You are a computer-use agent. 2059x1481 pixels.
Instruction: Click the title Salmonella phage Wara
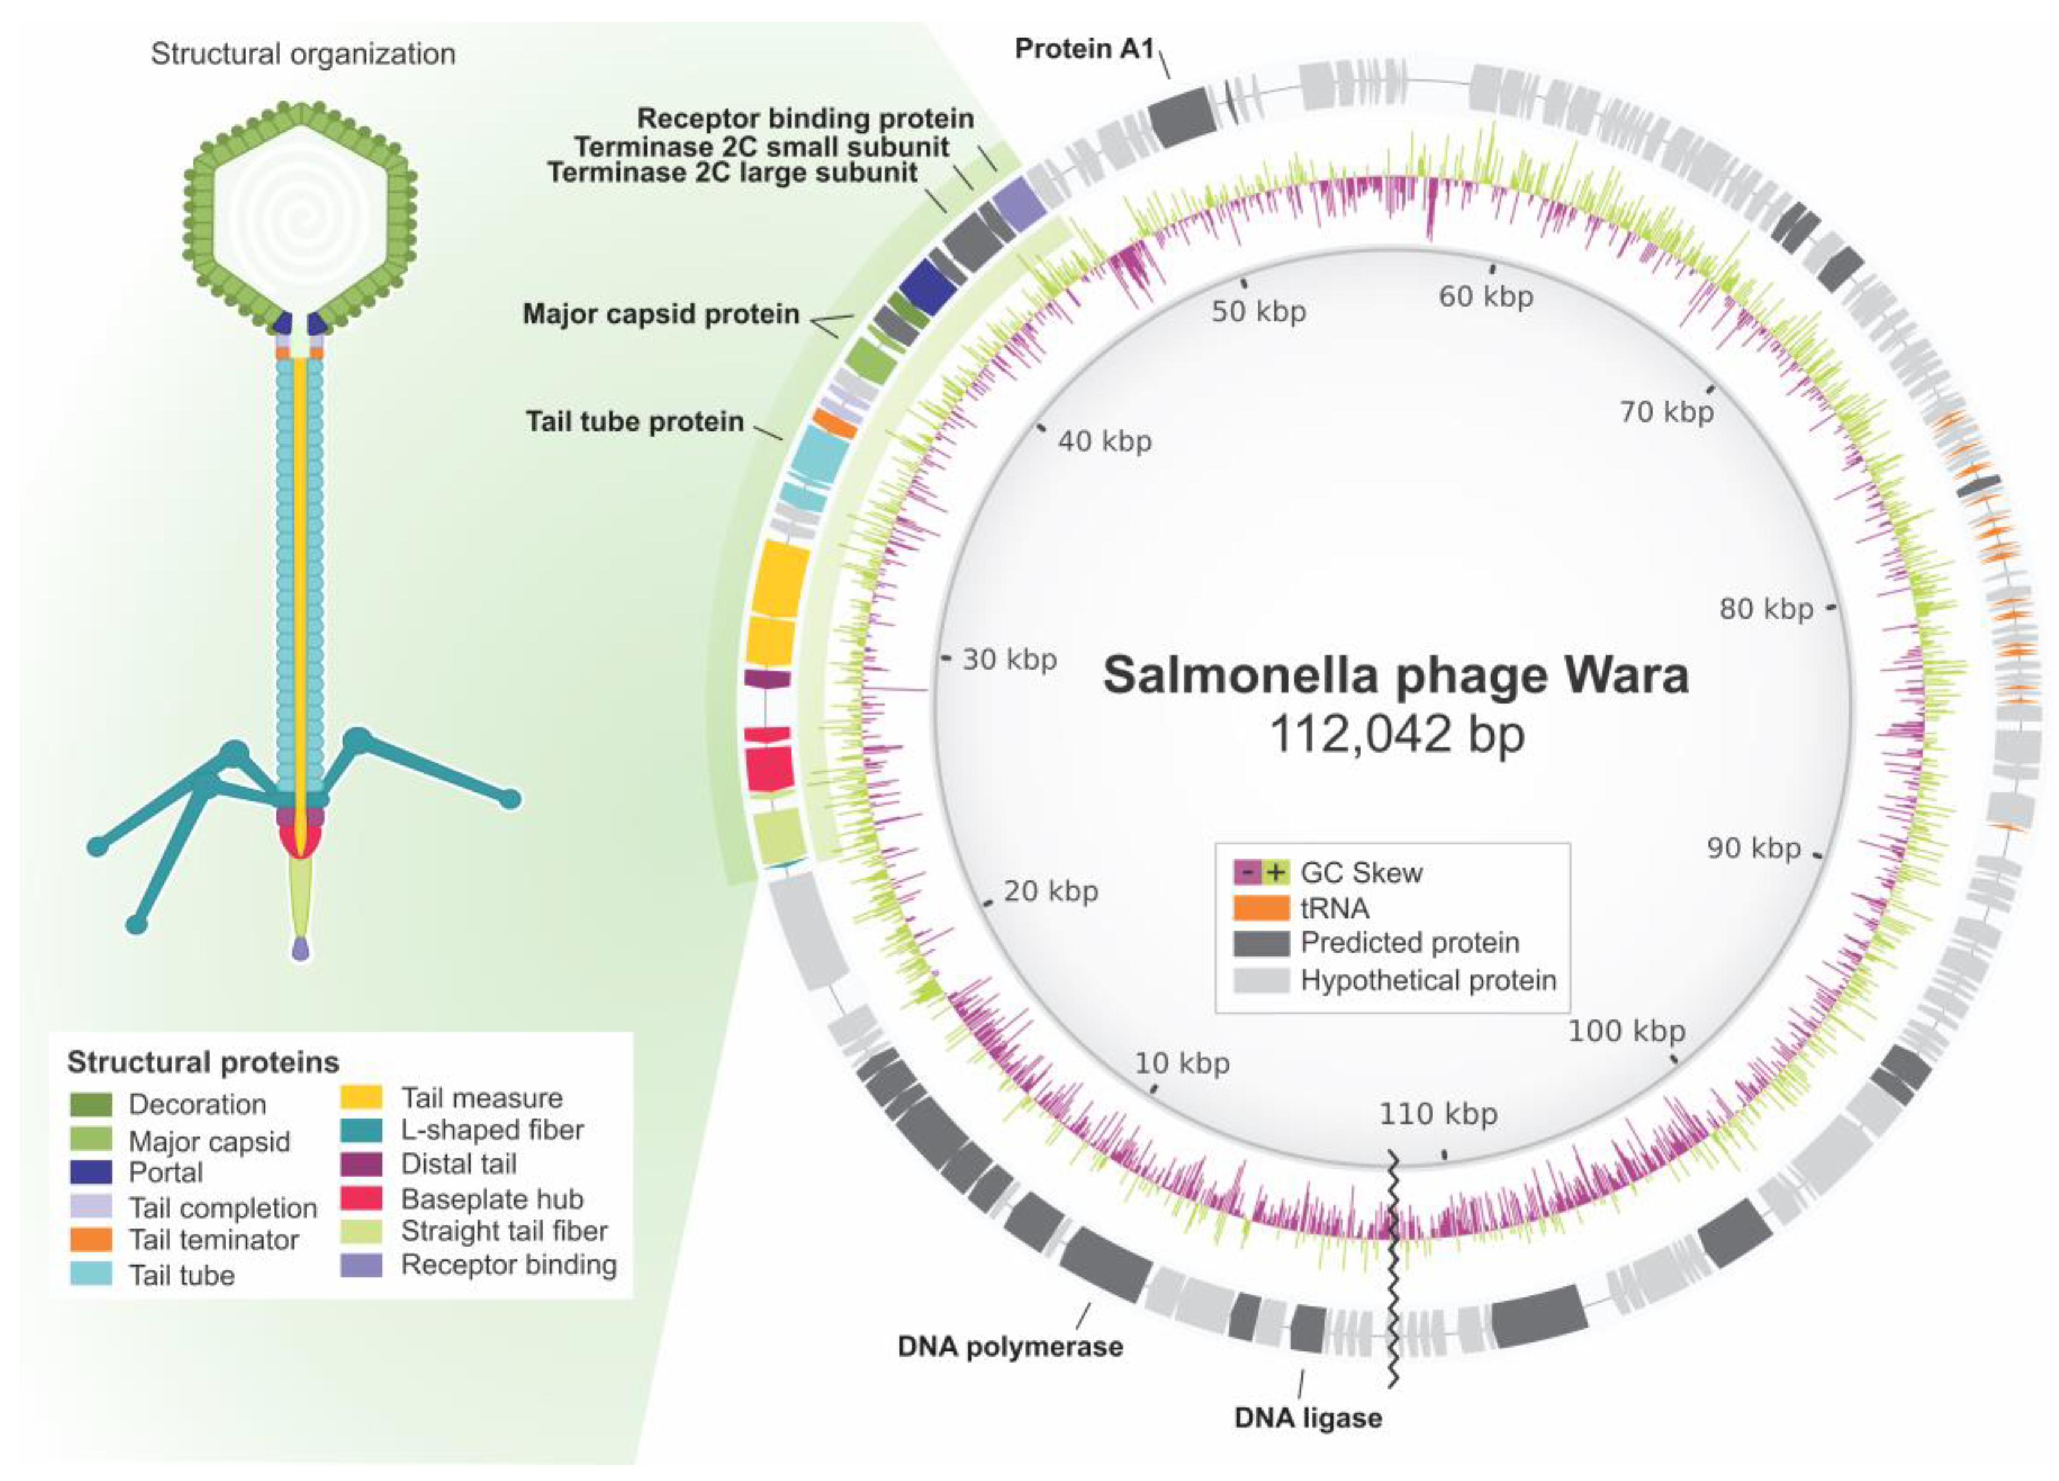(1395, 676)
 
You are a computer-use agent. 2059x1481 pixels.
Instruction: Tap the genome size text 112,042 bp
(1395, 734)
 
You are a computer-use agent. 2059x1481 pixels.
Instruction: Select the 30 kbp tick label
(1008, 659)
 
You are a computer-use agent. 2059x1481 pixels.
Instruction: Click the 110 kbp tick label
(1438, 1113)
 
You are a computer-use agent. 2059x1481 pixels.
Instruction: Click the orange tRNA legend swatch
(1260, 907)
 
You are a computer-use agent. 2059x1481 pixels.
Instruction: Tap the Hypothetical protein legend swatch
(1260, 980)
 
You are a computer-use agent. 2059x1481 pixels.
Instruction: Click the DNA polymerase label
(1010, 1346)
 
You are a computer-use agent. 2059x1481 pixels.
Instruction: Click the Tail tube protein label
(635, 422)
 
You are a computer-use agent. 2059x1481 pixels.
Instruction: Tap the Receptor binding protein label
(804, 118)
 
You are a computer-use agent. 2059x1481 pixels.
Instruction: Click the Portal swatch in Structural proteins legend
(91, 1172)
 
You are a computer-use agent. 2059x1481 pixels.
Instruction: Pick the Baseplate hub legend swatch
(360, 1199)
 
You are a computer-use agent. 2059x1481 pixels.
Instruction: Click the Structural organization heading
(303, 55)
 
